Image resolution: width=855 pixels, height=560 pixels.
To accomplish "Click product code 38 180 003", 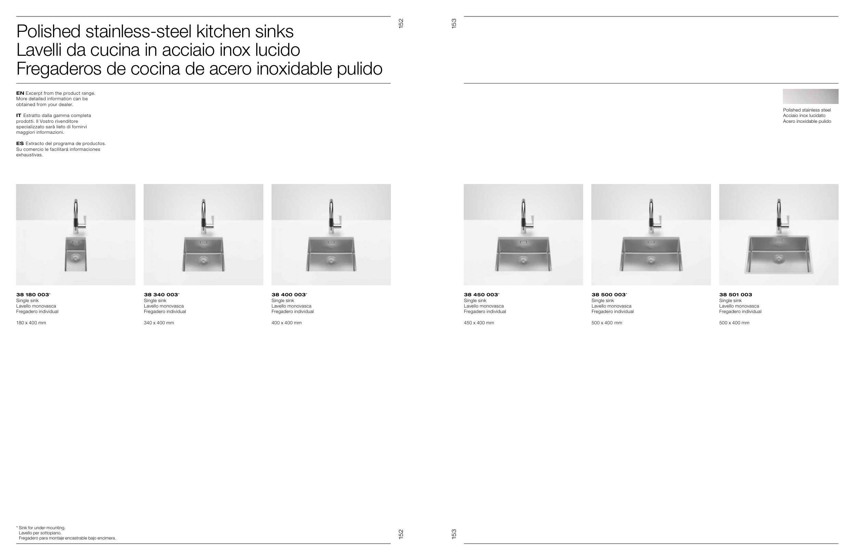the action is pyautogui.click(x=33, y=295).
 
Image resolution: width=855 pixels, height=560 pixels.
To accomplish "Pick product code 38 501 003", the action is pyautogui.click(x=735, y=295).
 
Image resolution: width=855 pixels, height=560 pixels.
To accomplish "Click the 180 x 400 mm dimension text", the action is pyautogui.click(x=31, y=323).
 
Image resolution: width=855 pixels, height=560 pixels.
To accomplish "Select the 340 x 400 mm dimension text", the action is pyautogui.click(x=159, y=323).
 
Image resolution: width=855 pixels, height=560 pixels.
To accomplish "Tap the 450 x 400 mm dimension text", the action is pyautogui.click(x=479, y=323).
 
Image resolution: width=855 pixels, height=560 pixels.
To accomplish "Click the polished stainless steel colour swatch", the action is pyautogui.click(x=811, y=96).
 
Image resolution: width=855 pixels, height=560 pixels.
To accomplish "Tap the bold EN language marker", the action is pyautogui.click(x=20, y=93).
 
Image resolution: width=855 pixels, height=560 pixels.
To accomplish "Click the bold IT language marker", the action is pyautogui.click(x=19, y=116).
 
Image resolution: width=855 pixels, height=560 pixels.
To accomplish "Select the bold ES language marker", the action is pyautogui.click(x=20, y=144).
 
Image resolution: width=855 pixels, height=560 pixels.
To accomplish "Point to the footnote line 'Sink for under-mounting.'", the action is pyautogui.click(x=41, y=528).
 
